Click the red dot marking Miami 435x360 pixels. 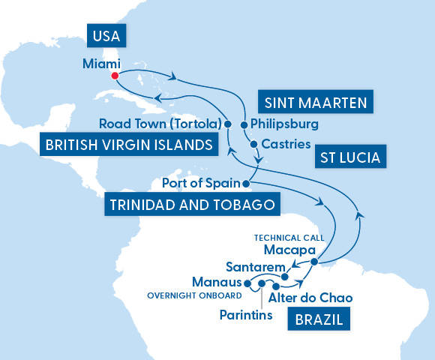pos(115,75)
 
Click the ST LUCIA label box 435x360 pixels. pos(348,157)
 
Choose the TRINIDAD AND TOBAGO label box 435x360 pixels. pos(181,203)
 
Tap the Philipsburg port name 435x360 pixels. pos(285,124)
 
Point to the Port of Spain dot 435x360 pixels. pos(246,182)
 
